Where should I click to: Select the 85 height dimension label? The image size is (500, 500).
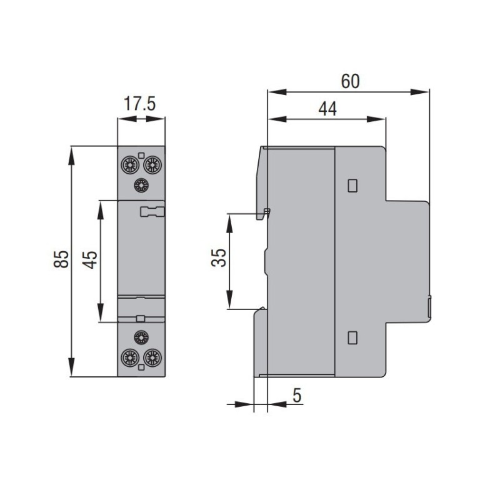(61, 260)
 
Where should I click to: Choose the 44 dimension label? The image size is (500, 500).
(327, 109)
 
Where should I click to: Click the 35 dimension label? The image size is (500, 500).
(218, 258)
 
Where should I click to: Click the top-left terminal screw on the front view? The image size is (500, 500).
(130, 165)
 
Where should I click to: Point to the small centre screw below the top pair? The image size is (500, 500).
(141, 185)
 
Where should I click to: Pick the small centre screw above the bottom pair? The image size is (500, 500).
(141, 337)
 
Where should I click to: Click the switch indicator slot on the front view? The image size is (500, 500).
(151, 211)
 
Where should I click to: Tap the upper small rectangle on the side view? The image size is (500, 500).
(352, 185)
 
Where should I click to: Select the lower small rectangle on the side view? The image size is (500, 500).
(352, 338)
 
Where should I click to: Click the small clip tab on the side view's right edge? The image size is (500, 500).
(429, 308)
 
